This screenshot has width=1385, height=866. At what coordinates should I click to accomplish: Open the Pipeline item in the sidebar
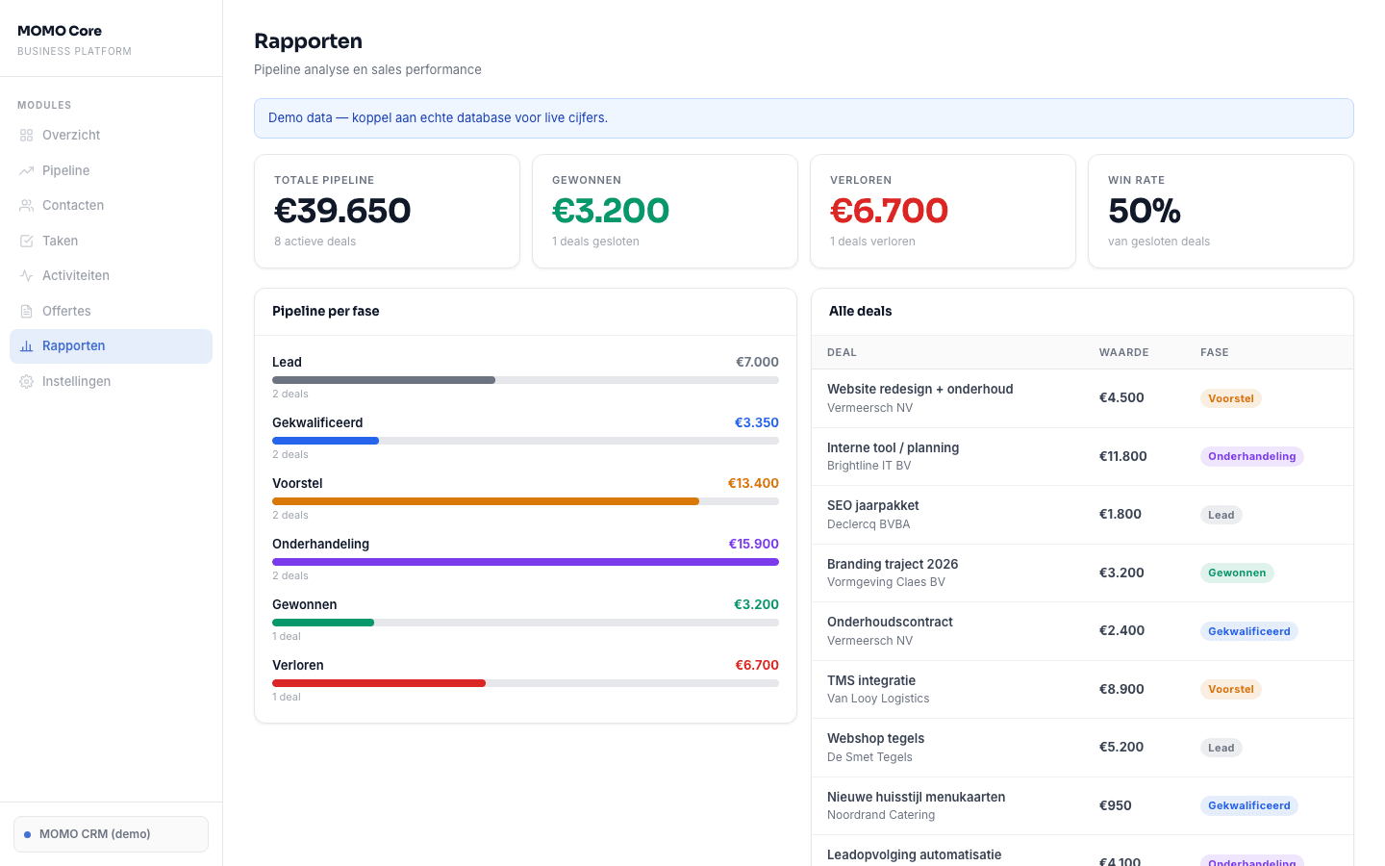(65, 170)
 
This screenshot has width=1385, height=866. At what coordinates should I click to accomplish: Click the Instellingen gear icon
(26, 382)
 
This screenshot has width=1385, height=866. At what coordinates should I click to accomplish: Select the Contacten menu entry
(72, 205)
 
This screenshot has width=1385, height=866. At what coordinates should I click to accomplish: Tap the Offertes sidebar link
(66, 311)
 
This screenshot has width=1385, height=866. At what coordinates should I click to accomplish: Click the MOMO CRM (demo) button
(111, 834)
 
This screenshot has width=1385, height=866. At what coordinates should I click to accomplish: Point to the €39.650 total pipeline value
(342, 211)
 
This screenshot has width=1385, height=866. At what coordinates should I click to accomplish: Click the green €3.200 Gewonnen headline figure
(611, 211)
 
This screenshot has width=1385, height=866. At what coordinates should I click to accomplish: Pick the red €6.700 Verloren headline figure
(889, 211)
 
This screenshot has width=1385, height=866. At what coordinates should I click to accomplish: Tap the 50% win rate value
(1144, 211)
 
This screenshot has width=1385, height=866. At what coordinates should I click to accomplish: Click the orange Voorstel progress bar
(485, 501)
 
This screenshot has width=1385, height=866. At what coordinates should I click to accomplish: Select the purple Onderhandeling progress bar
(525, 562)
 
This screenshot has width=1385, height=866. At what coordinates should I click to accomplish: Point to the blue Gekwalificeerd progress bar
(325, 441)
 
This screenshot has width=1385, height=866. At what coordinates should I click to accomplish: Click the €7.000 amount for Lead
(757, 362)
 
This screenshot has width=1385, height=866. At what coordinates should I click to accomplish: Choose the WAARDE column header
(1123, 352)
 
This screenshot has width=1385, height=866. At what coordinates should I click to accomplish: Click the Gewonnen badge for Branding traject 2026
(1237, 573)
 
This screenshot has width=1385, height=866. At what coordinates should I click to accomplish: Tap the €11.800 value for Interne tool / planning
(1122, 456)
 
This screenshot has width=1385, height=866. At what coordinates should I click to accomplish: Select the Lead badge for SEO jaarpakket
(1221, 515)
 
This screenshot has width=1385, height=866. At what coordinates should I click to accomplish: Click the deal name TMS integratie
(871, 680)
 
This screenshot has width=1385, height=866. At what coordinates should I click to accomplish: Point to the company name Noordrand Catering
(881, 815)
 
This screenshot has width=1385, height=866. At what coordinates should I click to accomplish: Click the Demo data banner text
(438, 117)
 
